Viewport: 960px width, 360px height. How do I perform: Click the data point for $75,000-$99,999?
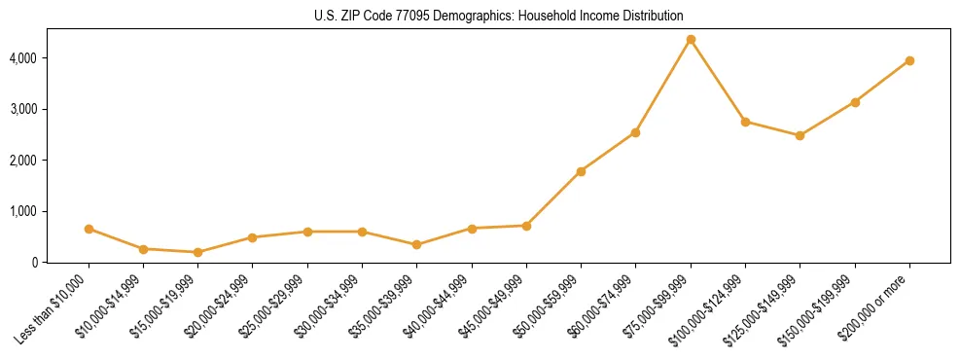coord(691,40)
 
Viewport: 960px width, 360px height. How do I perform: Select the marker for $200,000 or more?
coord(909,60)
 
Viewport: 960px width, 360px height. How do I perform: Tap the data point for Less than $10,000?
coord(89,229)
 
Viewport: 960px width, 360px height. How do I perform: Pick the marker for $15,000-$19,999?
coord(198,252)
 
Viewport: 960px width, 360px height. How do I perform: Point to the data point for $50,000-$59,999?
coord(581,171)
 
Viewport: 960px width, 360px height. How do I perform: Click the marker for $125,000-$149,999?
coord(800,135)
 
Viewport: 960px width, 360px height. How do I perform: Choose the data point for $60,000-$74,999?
coord(635,132)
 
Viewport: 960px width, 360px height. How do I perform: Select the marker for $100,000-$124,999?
coord(745,122)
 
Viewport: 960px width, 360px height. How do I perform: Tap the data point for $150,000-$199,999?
coord(855,102)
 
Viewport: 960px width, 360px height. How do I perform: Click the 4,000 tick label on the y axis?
coord(49,58)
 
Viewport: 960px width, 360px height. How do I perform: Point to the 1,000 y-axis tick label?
coord(49,211)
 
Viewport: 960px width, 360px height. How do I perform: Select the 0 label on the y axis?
coord(61,262)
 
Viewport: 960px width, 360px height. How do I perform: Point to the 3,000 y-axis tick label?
coord(49,109)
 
